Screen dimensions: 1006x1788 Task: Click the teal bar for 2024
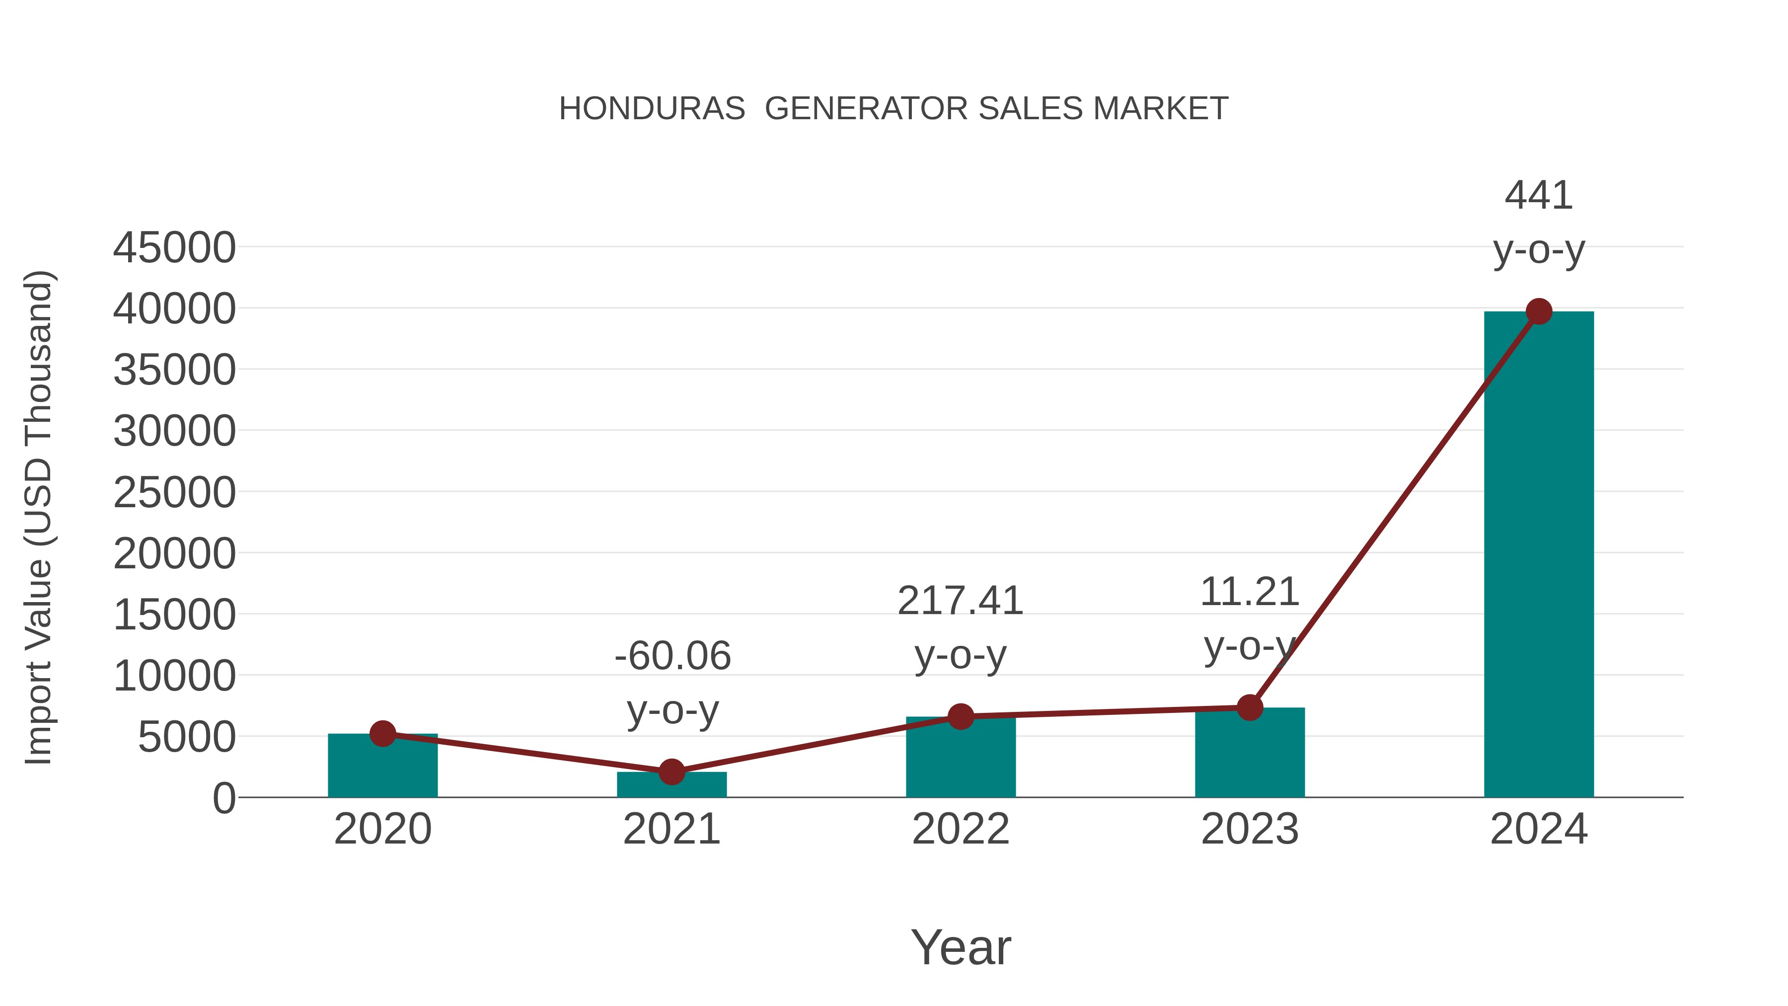[1538, 555]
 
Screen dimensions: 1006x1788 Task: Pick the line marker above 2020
[382, 733]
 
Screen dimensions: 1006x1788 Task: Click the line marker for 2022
[961, 716]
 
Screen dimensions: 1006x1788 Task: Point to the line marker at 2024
[1539, 311]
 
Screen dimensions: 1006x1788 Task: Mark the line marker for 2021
[671, 772]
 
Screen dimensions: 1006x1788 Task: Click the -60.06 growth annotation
[672, 656]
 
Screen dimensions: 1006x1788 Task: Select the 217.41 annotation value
[960, 601]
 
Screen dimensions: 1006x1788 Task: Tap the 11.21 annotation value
[1250, 592]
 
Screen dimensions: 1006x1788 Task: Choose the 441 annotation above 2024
[1538, 195]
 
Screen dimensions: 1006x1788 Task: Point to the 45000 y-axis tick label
[174, 248]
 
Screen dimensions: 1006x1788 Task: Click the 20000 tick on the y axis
[174, 554]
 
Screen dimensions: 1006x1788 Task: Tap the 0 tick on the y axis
[223, 798]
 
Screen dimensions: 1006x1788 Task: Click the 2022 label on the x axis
[961, 829]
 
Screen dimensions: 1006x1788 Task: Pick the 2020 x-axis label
[382, 829]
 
